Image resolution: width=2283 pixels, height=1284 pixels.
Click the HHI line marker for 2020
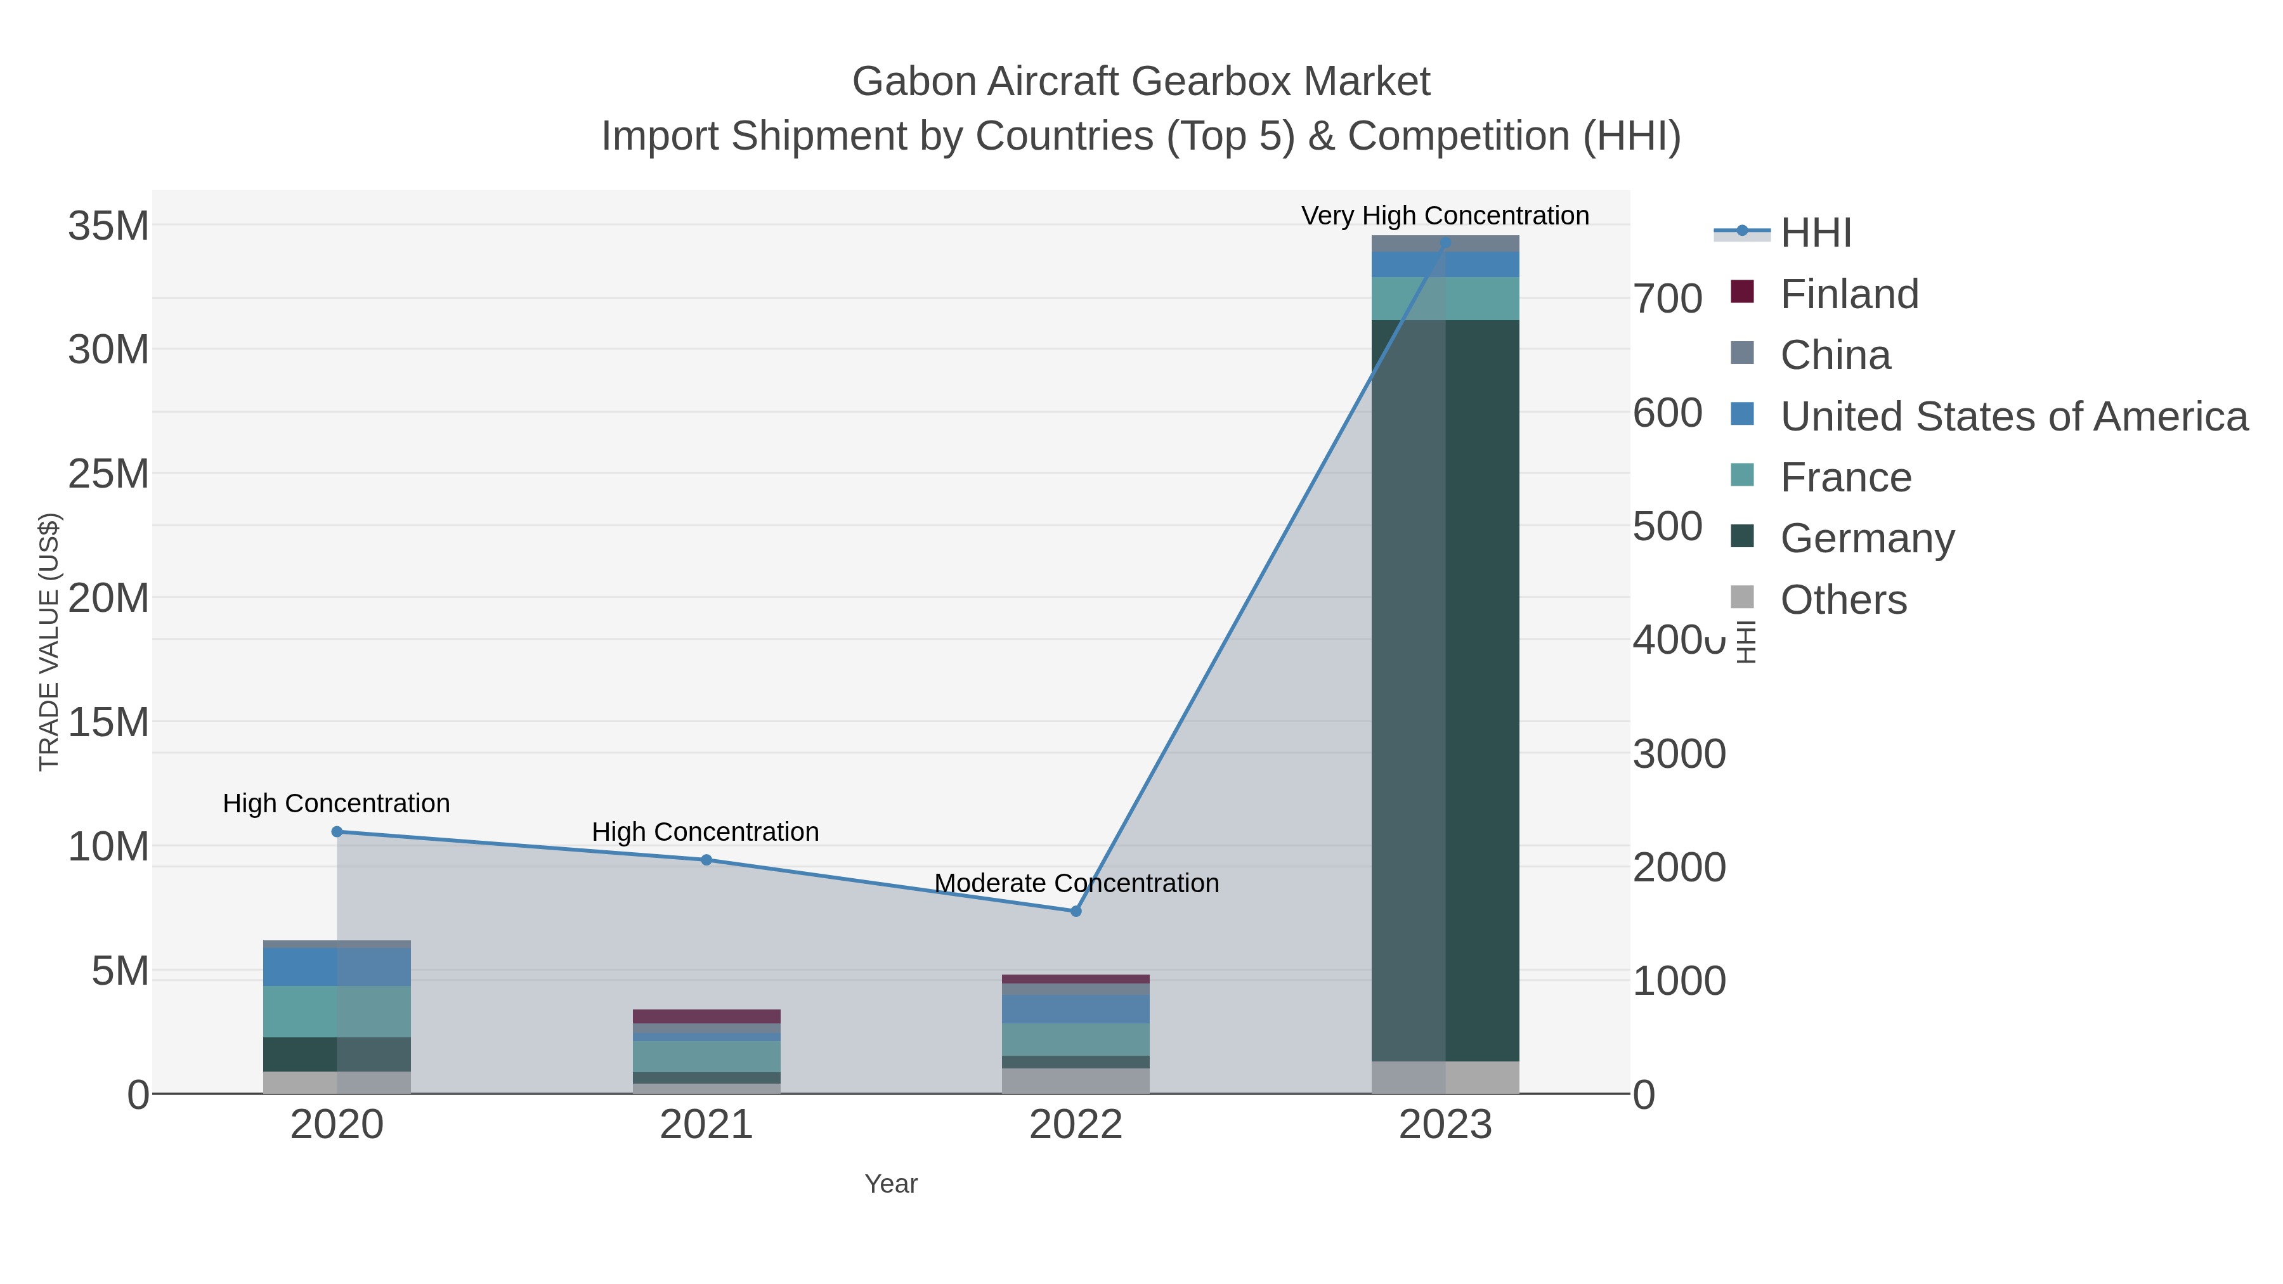click(337, 831)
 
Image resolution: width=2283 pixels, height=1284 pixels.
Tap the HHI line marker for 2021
click(706, 860)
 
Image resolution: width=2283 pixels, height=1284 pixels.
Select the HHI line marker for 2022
click(1076, 911)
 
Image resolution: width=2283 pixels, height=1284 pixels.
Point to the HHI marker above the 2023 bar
click(1445, 242)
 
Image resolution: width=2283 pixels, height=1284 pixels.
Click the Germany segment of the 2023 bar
click(1445, 691)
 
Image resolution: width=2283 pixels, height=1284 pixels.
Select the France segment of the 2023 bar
click(1445, 299)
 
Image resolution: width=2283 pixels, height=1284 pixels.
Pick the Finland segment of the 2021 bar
click(706, 1016)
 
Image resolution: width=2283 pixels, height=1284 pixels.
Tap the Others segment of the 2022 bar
click(1076, 1080)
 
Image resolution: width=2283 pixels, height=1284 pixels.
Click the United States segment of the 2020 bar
click(337, 967)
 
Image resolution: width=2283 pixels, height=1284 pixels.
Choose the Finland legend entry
click(1849, 294)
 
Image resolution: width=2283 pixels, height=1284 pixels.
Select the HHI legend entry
click(1815, 233)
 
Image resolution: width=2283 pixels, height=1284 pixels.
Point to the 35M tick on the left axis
click(108, 226)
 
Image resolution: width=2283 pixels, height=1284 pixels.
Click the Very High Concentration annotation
click(1445, 216)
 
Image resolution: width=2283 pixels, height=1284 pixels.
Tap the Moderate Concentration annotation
click(1076, 883)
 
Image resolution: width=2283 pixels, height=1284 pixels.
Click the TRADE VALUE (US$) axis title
click(49, 642)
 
